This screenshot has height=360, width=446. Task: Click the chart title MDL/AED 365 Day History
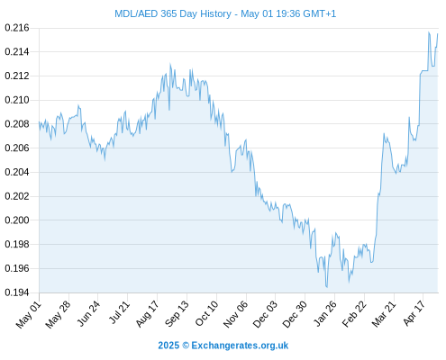click(x=173, y=13)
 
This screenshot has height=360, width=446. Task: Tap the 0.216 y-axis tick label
click(x=17, y=28)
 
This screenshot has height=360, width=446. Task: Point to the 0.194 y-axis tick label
click(x=17, y=292)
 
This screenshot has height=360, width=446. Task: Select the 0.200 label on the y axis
click(x=17, y=220)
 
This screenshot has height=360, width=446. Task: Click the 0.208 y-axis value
click(x=17, y=124)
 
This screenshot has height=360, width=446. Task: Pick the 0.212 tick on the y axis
click(x=17, y=76)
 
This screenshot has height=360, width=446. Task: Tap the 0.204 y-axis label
click(x=17, y=172)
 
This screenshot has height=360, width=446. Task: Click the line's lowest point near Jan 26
click(x=327, y=287)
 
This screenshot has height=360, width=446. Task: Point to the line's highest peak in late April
click(x=429, y=32)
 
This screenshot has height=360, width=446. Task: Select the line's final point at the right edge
click(x=438, y=34)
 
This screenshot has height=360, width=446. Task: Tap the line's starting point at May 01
click(x=39, y=122)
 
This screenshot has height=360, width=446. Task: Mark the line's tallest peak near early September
click(x=170, y=64)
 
